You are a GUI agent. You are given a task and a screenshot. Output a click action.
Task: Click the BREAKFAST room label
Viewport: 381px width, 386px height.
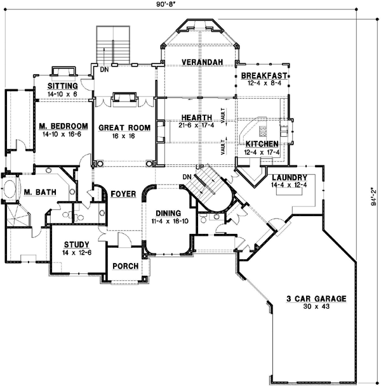click(264, 75)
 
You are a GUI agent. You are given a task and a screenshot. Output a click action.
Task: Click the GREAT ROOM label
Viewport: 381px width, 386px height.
click(124, 127)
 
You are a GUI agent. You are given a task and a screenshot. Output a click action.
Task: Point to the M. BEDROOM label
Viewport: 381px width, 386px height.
click(62, 125)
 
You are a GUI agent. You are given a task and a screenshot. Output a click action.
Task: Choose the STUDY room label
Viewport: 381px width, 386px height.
click(75, 245)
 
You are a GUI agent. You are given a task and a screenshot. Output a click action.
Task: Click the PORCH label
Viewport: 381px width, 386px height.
click(126, 266)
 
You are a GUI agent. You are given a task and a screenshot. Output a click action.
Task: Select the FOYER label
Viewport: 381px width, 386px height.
click(123, 193)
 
